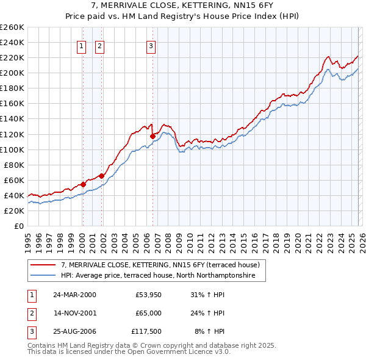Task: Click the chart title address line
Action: point(183,5)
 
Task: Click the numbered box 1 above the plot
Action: point(82,45)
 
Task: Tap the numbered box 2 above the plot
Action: point(100,45)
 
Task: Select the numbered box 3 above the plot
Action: point(151,45)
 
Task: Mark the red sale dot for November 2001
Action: point(101,176)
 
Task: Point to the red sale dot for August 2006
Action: point(152,136)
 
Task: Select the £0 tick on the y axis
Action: point(18,226)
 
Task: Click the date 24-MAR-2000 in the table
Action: point(74,295)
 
